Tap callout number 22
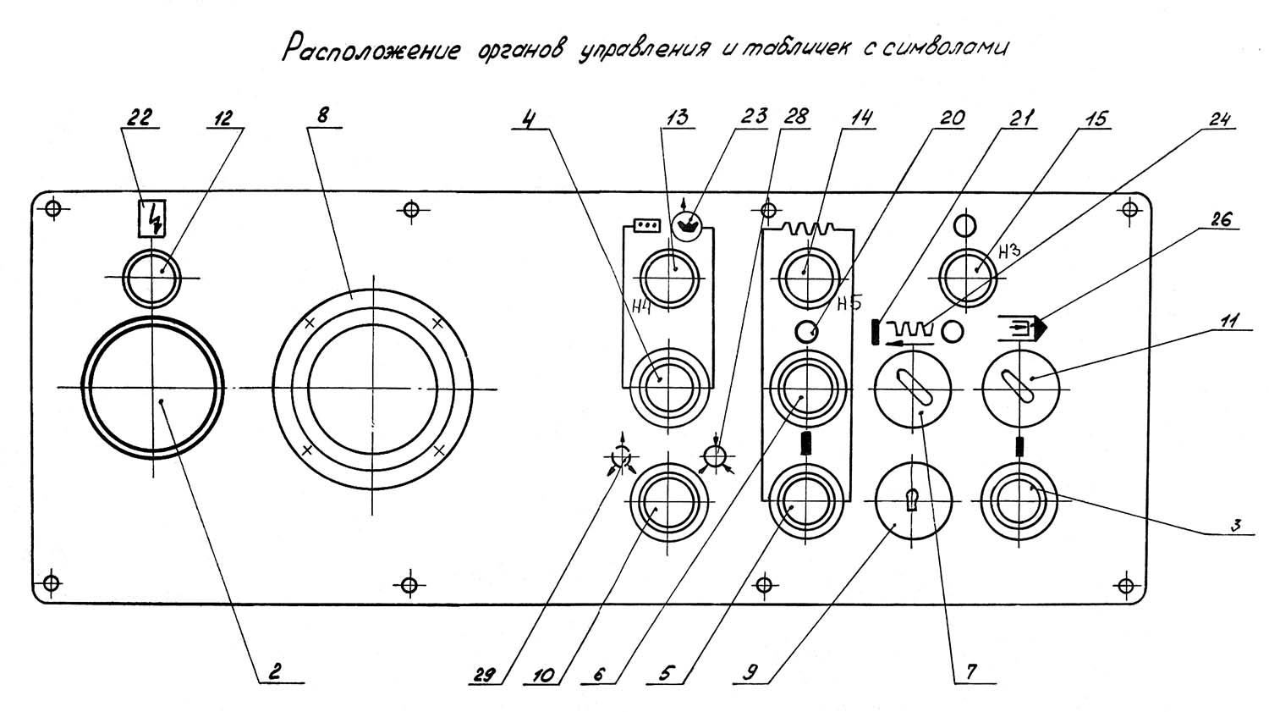click(x=138, y=118)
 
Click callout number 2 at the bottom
click(x=272, y=672)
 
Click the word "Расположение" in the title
click(x=371, y=50)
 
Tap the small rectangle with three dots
click(x=646, y=226)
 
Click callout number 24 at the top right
click(x=1219, y=119)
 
